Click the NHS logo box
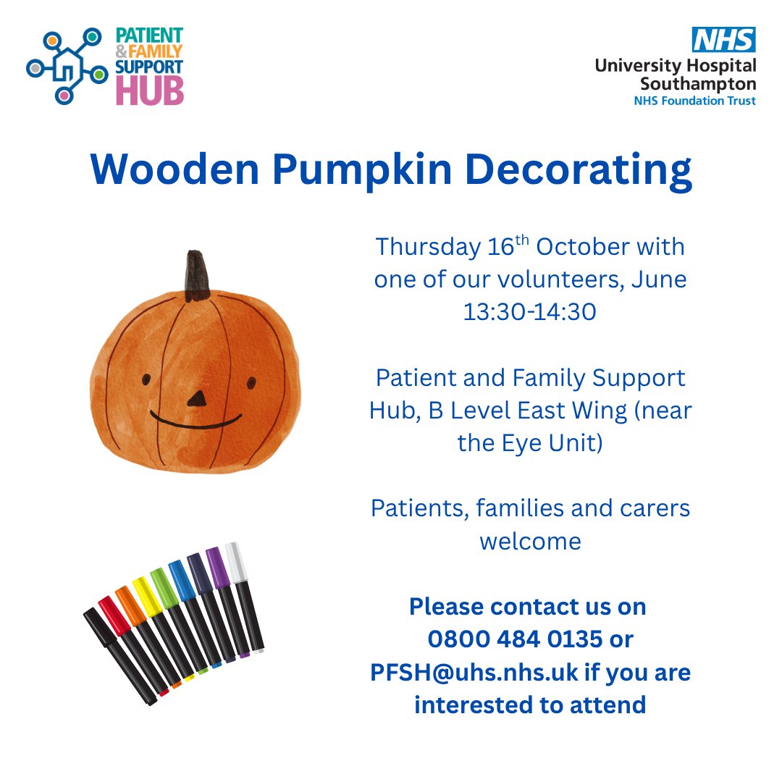point(724,39)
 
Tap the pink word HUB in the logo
point(150,91)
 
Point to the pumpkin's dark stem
point(195,276)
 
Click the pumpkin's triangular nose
point(196,398)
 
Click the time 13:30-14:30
point(530,312)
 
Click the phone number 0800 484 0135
point(515,639)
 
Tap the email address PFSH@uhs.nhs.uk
point(474,672)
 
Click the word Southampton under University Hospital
point(698,83)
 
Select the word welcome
point(530,541)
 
